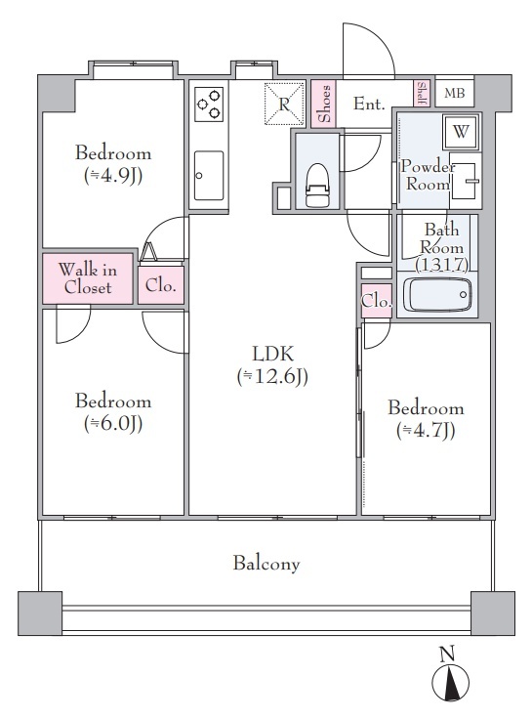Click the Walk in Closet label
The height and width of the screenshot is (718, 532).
click(88, 278)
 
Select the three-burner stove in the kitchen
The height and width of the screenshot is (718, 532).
click(210, 105)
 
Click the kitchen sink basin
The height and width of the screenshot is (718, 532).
click(209, 176)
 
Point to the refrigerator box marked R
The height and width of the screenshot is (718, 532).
click(284, 104)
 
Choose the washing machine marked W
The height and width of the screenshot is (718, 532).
click(461, 132)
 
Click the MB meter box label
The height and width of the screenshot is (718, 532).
click(454, 93)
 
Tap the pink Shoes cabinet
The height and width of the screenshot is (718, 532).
click(323, 104)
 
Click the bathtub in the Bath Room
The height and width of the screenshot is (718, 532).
click(437, 294)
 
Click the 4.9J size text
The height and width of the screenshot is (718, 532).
click(113, 176)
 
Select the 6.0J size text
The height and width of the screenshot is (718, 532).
click(113, 424)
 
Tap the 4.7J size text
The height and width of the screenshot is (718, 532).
click(426, 431)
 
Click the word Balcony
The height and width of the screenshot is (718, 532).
click(266, 563)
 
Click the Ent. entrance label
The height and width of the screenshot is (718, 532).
click(369, 104)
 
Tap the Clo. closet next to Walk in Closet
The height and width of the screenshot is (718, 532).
click(160, 285)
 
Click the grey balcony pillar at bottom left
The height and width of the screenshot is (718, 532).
click(40, 612)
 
